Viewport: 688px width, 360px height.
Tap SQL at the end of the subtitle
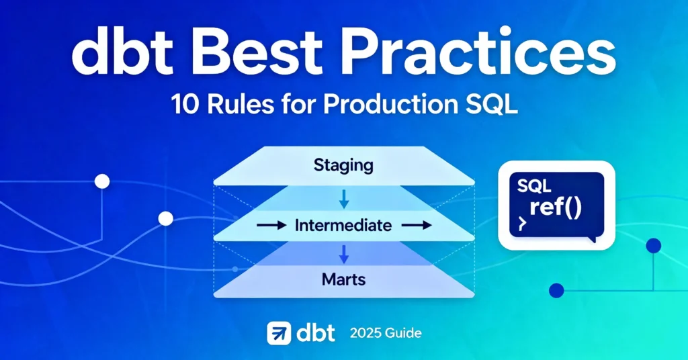[486, 107]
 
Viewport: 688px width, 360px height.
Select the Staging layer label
[343, 165]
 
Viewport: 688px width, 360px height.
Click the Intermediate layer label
[343, 226]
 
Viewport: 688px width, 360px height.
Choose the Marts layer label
[343, 277]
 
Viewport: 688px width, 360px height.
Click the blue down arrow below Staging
[343, 198]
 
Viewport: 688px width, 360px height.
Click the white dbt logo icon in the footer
[279, 333]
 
